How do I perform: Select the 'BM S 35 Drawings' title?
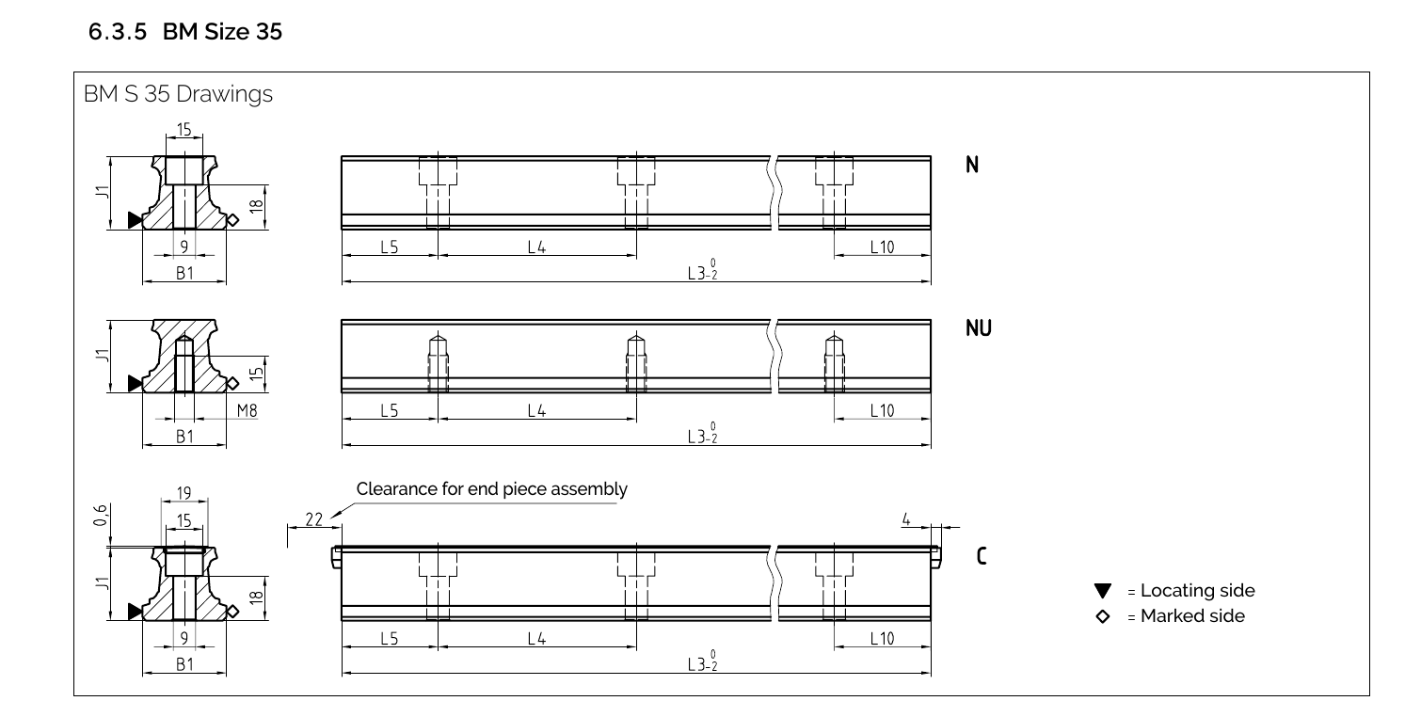[x=178, y=95]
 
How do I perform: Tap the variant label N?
[x=972, y=166]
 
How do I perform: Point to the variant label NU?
[x=978, y=328]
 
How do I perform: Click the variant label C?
[x=982, y=556]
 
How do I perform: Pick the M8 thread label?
[x=247, y=410]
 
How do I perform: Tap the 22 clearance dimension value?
[x=314, y=519]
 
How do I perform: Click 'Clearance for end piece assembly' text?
[x=491, y=489]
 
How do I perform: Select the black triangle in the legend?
[x=1103, y=591]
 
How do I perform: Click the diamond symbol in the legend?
[x=1103, y=616]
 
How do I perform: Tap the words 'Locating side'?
[x=1197, y=591]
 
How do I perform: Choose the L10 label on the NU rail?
[x=882, y=410]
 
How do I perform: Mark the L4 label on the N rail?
[x=536, y=247]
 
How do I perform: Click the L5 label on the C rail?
[x=390, y=639]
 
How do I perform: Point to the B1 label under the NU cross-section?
[x=184, y=437]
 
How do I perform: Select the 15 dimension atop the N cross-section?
[x=184, y=129]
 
